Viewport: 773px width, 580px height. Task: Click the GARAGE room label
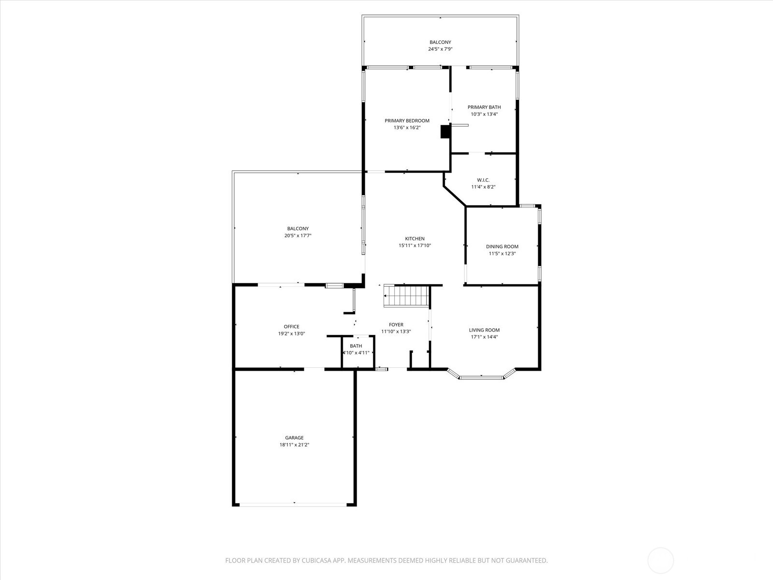click(x=294, y=438)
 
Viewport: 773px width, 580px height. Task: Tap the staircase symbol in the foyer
click(x=407, y=295)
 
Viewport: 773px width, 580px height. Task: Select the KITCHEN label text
click(x=415, y=239)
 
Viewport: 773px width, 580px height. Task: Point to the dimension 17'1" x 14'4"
click(x=484, y=337)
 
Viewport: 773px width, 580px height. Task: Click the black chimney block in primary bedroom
click(x=445, y=132)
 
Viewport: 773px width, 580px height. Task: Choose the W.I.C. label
click(x=483, y=180)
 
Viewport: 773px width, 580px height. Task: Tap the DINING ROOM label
click(x=502, y=246)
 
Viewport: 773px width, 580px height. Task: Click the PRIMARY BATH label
click(x=484, y=107)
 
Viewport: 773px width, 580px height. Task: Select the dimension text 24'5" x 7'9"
click(x=440, y=49)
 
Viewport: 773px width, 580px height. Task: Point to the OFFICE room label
click(x=291, y=327)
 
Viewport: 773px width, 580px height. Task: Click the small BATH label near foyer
click(x=356, y=346)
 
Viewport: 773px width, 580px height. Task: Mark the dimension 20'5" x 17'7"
click(x=298, y=236)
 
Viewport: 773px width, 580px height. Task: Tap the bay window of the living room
click(x=481, y=377)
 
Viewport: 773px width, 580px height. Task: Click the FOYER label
click(x=396, y=325)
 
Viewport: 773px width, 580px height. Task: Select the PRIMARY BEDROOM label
click(x=407, y=121)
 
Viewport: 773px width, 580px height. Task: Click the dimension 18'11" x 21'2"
click(x=294, y=445)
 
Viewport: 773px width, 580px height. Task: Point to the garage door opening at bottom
click(x=294, y=505)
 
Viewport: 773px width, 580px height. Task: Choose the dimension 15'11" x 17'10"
click(x=415, y=246)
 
